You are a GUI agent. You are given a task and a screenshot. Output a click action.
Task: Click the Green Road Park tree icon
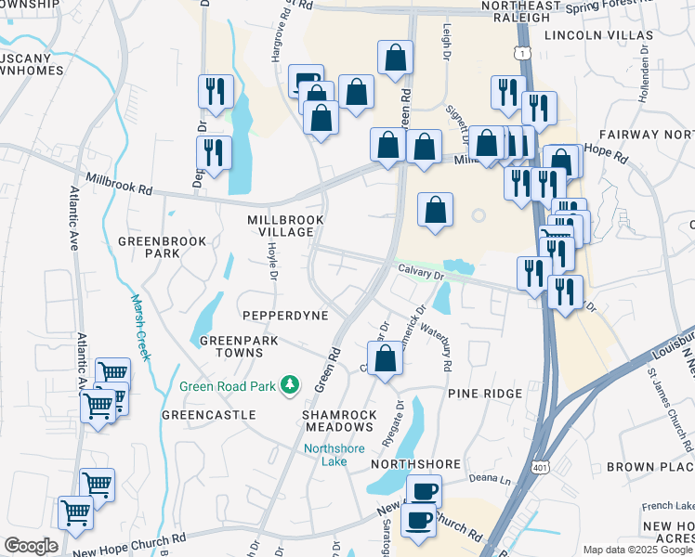coord(291,382)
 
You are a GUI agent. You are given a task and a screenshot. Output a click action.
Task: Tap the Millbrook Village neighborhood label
coord(284,226)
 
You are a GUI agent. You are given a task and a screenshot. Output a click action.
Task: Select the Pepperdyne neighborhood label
coord(285,316)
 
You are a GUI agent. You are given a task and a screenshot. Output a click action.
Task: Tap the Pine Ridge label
coord(485,394)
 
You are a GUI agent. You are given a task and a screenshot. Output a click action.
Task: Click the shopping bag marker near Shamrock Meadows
coord(385,359)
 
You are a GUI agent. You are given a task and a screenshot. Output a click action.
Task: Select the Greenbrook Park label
coord(149,246)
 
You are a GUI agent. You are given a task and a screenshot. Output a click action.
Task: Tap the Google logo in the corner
coord(31,546)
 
